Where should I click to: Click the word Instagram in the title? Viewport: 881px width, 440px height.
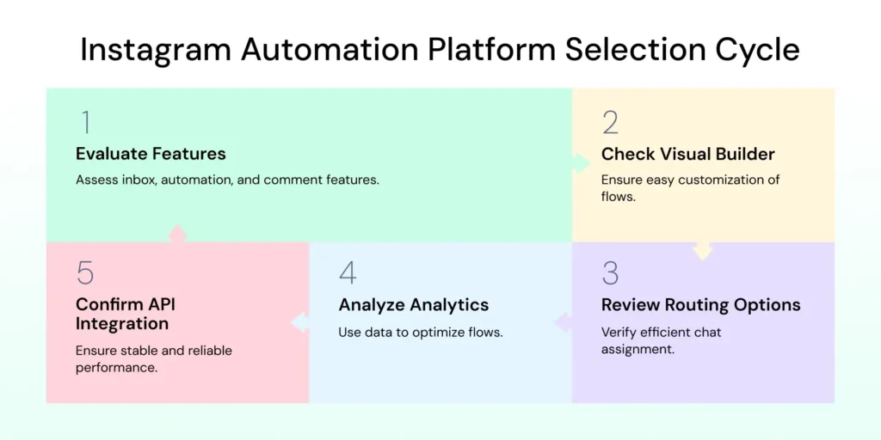[155, 49]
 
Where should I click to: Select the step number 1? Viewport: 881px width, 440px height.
[84, 123]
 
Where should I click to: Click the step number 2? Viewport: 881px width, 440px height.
[610, 123]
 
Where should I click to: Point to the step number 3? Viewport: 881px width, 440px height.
[610, 273]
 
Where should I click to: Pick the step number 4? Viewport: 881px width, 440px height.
[348, 273]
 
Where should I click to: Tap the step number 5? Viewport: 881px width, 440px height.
[84, 273]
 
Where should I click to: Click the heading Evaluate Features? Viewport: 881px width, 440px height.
[151, 155]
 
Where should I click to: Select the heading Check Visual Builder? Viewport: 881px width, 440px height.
[687, 155]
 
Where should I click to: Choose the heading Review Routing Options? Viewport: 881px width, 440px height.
[700, 305]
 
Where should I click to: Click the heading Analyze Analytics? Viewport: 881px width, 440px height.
[413, 305]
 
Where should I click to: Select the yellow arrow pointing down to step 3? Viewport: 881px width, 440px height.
[703, 250]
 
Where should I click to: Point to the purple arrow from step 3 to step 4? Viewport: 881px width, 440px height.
[563, 322]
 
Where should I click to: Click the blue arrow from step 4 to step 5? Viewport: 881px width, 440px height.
[299, 322]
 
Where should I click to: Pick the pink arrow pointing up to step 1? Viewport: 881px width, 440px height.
[177, 233]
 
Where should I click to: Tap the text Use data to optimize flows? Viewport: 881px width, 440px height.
[420, 332]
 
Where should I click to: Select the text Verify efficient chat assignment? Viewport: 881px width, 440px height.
[661, 340]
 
